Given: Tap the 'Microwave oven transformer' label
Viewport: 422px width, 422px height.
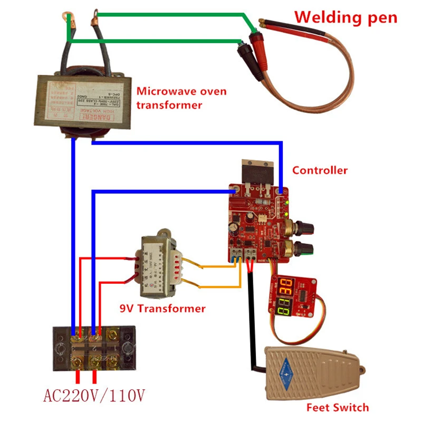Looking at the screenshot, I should pos(181,98).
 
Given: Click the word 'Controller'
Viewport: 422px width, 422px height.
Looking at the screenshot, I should pos(320,170).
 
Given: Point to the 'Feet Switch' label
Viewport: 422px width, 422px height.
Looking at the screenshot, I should pos(338,407).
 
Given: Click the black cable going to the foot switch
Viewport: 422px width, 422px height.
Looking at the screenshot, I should pos(248,316).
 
